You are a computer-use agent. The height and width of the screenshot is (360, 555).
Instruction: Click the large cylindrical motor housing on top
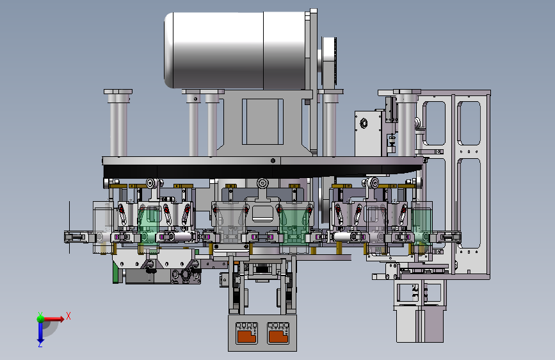236,50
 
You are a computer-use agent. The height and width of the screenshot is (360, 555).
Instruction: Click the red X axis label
68,316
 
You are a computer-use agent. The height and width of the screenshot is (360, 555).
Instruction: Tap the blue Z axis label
40,344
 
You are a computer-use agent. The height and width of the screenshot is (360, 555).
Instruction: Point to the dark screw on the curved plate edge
273,161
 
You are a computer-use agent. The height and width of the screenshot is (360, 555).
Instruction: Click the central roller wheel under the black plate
262,183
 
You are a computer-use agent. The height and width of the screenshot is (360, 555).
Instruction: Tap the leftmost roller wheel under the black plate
152,183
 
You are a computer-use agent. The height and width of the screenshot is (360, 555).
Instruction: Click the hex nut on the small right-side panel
364,124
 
